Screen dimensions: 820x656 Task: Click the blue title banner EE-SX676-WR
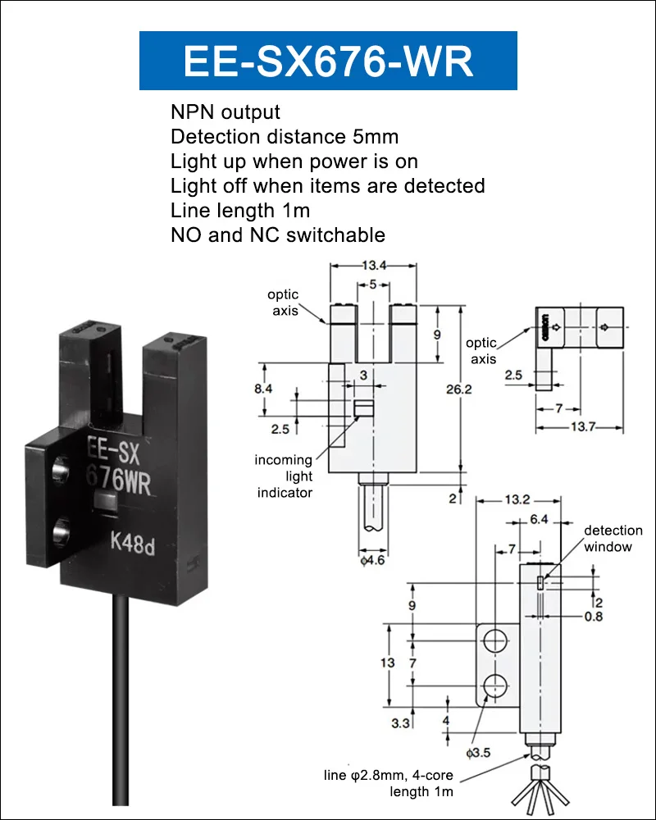pos(328,60)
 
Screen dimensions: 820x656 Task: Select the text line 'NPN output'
pos(225,112)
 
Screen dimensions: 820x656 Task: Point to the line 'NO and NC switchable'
pos(278,235)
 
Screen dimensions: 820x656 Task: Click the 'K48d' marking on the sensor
pos(132,543)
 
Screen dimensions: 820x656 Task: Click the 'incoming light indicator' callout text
pos(284,476)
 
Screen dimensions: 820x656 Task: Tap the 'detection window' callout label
pos(613,538)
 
